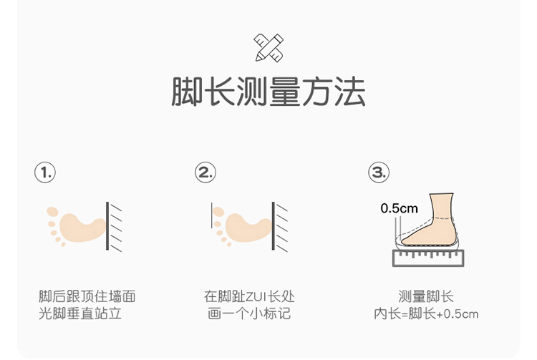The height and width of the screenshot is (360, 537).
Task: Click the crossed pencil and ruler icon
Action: click(268, 47)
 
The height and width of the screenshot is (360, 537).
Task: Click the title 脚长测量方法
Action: click(268, 92)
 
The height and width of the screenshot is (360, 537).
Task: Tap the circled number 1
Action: click(44, 172)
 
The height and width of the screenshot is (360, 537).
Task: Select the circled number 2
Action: click(205, 172)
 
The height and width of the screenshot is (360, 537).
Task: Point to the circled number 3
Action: click(379, 172)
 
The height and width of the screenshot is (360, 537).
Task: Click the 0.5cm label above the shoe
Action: click(399, 208)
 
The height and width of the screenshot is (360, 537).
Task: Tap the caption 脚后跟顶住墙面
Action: click(87, 296)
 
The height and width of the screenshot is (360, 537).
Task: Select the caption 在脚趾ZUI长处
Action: click(249, 296)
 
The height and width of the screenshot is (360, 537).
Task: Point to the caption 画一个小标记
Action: click(249, 313)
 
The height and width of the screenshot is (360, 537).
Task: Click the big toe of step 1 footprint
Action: click(52, 213)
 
